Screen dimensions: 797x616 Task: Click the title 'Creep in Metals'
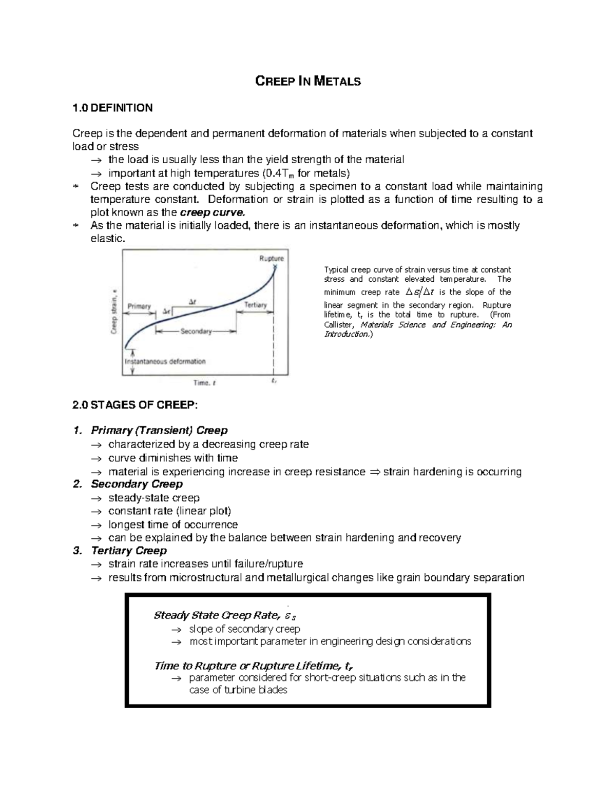(308, 81)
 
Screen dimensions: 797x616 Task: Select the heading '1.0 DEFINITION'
(112, 108)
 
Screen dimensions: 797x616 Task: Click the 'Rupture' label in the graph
(271, 259)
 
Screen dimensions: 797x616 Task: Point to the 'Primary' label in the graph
(139, 306)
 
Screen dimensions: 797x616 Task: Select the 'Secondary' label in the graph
(196, 332)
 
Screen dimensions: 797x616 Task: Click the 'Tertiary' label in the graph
(255, 305)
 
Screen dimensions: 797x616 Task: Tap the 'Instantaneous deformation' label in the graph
(165, 361)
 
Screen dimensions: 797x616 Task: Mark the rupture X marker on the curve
(275, 267)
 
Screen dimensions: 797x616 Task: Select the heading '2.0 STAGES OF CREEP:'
(134, 405)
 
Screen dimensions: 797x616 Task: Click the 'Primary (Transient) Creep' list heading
(159, 430)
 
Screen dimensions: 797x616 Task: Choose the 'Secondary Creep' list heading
(137, 484)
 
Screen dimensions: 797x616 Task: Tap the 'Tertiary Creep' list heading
(129, 551)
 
